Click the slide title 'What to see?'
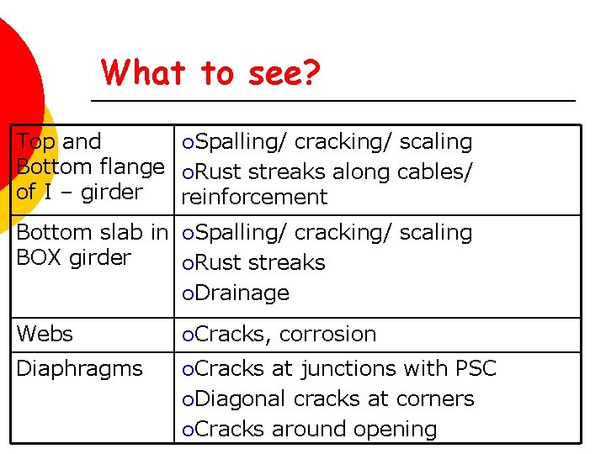(210, 73)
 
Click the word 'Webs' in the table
(45, 334)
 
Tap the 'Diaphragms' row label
(79, 368)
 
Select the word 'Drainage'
(242, 293)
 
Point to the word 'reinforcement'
(254, 198)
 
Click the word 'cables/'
(431, 172)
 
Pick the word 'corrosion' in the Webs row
(327, 334)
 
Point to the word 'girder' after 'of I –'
(114, 192)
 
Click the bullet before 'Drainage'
(188, 293)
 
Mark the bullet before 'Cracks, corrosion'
(188, 335)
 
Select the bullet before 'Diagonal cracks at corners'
(188, 399)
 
